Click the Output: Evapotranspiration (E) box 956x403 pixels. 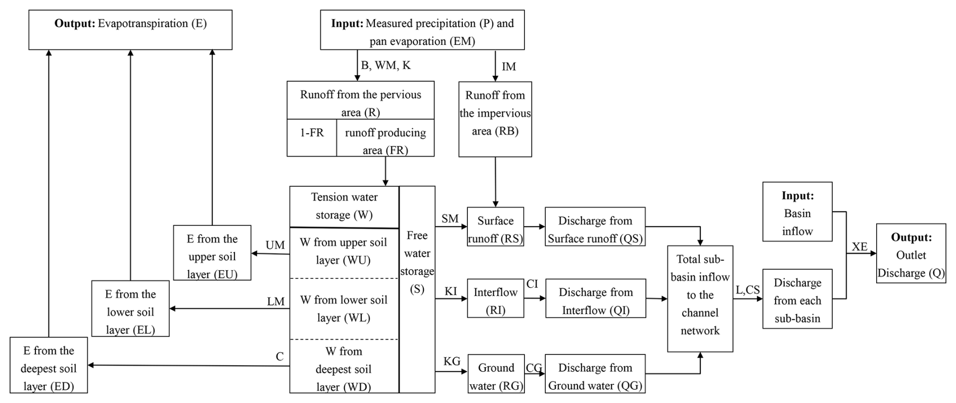[130, 30]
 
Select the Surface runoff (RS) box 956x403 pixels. [495, 227]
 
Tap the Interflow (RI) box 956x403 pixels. [495, 298]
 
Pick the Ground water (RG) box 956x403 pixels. [496, 374]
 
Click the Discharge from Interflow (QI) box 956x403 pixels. [595, 298]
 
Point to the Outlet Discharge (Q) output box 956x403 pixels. [911, 254]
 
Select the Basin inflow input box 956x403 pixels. [797, 212]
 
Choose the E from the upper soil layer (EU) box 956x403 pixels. [212, 253]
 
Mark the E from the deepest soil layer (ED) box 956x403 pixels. [49, 365]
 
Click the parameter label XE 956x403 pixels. [859, 246]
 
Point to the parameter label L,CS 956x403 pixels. [747, 290]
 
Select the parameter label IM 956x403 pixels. [509, 67]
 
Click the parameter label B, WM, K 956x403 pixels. [386, 66]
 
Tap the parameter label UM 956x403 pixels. [275, 245]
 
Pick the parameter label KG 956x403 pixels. [452, 361]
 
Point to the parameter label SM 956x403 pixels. [450, 219]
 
